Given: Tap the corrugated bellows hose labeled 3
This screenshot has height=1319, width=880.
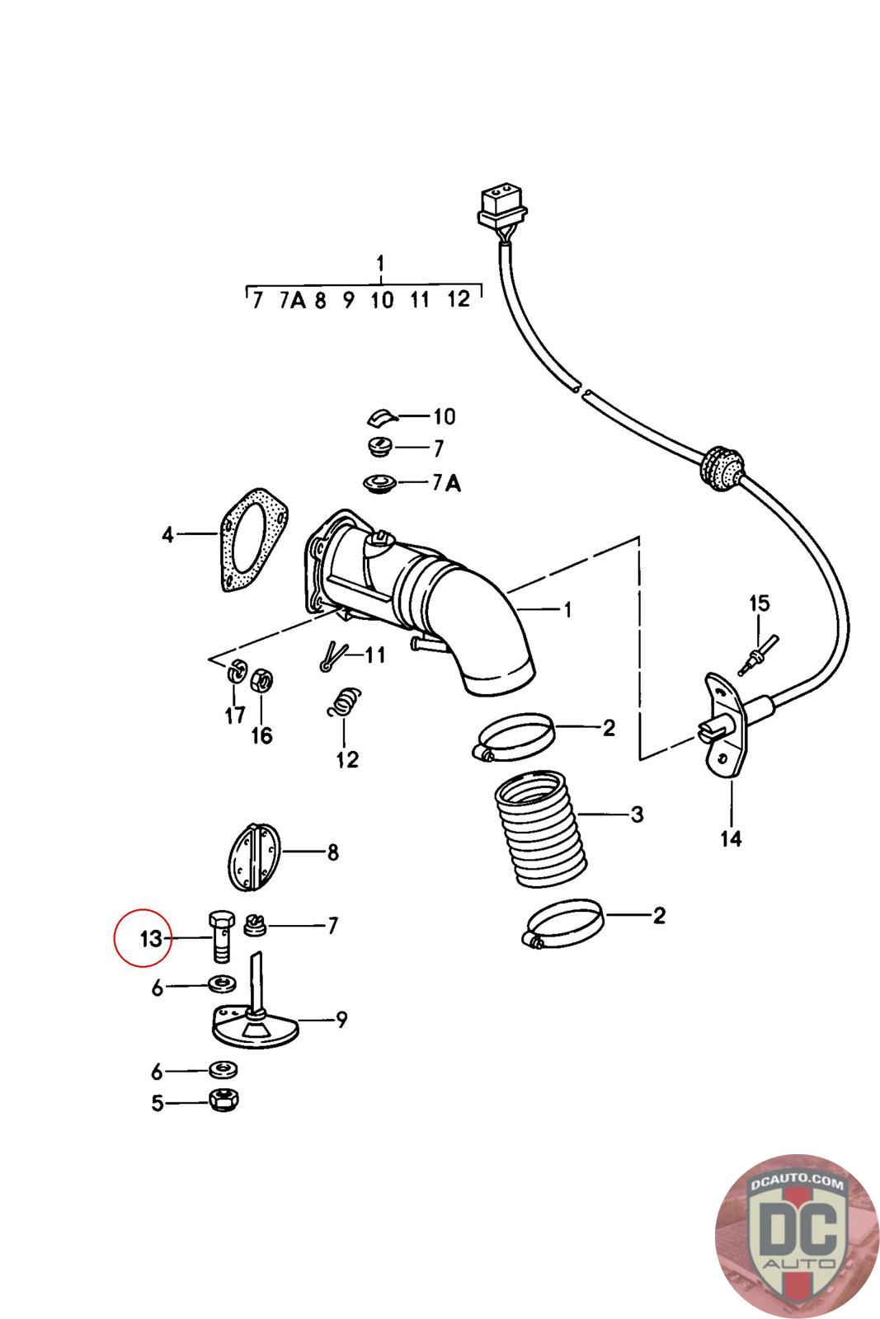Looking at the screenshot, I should pyautogui.click(x=534, y=833).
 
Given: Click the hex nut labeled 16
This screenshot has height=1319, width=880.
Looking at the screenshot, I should pyautogui.click(x=261, y=679).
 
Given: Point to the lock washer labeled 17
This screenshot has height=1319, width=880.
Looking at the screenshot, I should pyautogui.click(x=237, y=672).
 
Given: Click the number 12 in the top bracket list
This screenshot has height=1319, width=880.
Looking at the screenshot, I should pyautogui.click(x=458, y=299).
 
